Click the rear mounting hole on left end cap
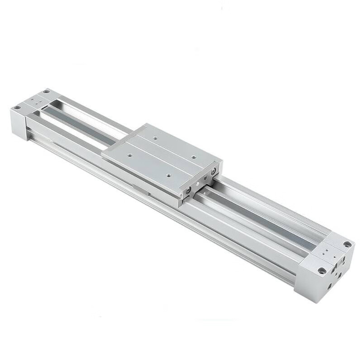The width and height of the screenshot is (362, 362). coord(46,91)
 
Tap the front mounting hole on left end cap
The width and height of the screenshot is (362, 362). coord(17,108)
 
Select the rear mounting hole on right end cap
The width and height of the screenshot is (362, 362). coord(347,244)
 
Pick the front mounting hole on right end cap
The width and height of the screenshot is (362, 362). coord(322,271)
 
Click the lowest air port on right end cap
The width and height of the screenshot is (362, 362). coord(329,286)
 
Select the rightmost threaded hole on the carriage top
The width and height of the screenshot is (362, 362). coord(194,157)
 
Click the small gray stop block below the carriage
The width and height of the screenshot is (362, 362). coord(144,190)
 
